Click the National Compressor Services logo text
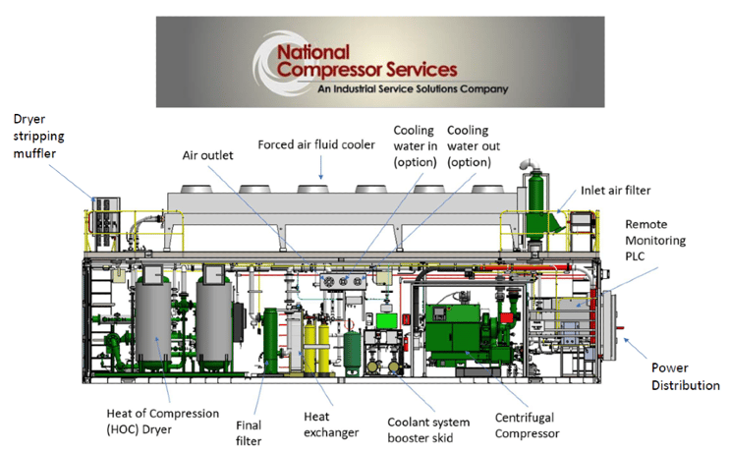coord(366,61)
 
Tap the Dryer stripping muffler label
coord(38,136)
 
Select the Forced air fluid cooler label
coord(316,144)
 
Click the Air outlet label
coord(207,155)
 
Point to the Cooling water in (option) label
coord(416,146)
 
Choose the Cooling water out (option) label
coord(473,146)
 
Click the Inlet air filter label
coord(615,191)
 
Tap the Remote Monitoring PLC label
coord(655,240)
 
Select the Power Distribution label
coord(686,376)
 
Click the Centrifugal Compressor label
coord(527,425)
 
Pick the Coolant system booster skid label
coord(428,430)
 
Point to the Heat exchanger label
coord(331,424)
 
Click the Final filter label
coord(249,433)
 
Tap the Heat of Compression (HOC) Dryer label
coord(162,422)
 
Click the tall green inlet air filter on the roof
coord(535,204)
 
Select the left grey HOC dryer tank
coord(153,319)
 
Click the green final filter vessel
coord(270,340)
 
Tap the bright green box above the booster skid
coord(386,321)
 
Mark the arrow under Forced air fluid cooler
coord(320,168)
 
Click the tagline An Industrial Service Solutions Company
coord(413,88)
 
